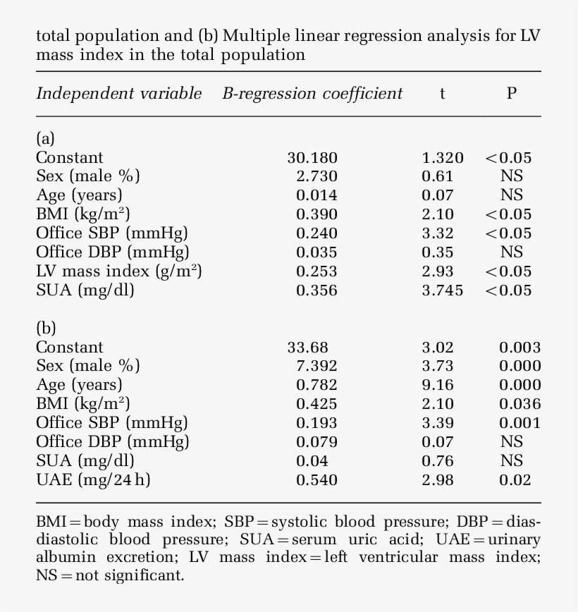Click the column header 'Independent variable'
118,94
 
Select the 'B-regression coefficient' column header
312,94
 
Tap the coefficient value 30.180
312,158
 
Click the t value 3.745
443,290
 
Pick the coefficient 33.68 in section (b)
308,347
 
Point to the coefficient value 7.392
316,366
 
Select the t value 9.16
438,385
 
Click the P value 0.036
520,404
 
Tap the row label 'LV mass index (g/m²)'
118,271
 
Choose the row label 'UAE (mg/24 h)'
93,480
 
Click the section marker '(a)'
45,138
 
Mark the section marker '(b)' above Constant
46,328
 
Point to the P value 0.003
520,347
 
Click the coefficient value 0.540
316,480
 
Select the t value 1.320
443,158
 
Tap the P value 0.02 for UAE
515,480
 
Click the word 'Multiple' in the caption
255,35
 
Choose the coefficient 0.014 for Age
316,195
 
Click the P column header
512,94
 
